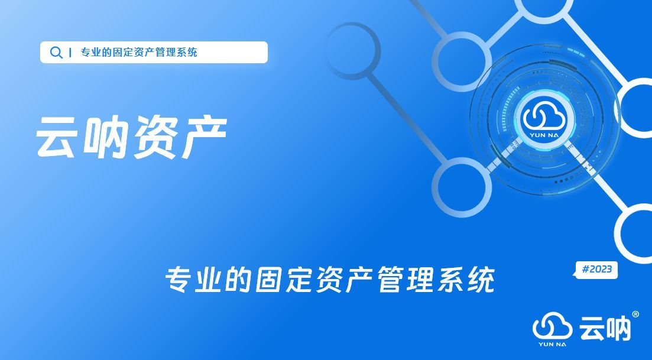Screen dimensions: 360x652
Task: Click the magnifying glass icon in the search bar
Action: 56,53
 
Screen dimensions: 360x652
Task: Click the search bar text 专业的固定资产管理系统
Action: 139,53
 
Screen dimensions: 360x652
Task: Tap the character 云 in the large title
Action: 58,138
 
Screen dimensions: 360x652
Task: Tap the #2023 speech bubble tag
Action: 596,270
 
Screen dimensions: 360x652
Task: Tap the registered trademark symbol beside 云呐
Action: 635,314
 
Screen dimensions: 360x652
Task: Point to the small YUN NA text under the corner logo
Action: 552,344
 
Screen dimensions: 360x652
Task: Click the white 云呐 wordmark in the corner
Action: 605,327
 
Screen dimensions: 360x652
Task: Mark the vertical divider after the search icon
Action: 71,53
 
